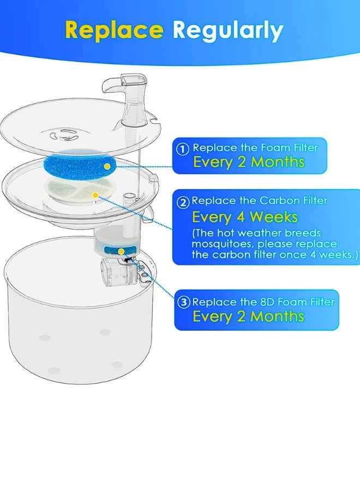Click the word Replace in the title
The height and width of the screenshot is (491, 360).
coord(114,30)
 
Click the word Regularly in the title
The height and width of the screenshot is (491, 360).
coord(228,30)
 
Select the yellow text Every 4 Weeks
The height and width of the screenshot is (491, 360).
coord(244,217)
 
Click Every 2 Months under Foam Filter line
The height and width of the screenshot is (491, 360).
coord(248,162)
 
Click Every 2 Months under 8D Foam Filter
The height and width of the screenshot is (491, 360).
coord(248,316)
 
